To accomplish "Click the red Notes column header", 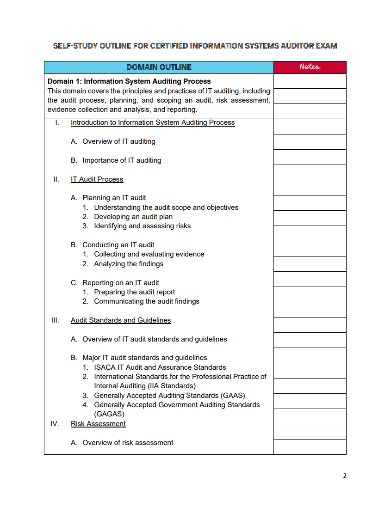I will click(310, 67).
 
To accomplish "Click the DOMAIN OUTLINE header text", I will click(159, 67).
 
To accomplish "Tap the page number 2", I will click(344, 476).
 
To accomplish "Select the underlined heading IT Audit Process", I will click(97, 179).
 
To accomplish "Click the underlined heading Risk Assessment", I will click(98, 424).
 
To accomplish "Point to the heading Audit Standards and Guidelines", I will click(121, 320).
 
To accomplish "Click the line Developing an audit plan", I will click(133, 217).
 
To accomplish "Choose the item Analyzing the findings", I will click(129, 264).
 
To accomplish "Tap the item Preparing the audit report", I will click(134, 292).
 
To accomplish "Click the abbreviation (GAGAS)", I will click(109, 414).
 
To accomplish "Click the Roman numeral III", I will click(55, 320).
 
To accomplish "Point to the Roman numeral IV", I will click(55, 424).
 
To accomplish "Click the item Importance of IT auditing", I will click(122, 160).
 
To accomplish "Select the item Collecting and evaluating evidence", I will click(149, 254).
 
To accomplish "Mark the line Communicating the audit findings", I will click(147, 301).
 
